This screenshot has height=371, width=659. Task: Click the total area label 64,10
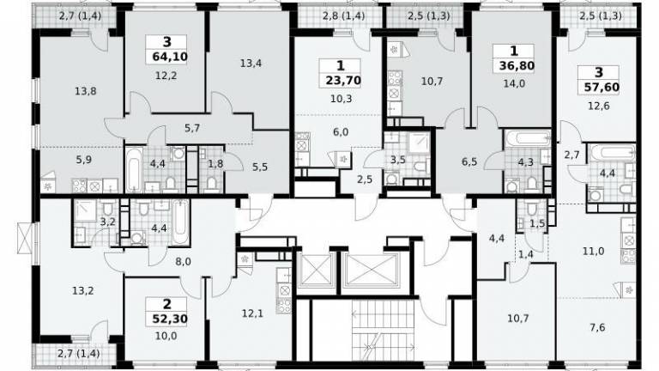point(170,57)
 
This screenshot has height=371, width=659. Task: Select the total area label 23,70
point(343,80)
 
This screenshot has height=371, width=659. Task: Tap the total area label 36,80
point(517,65)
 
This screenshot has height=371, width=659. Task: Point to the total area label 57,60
point(602,87)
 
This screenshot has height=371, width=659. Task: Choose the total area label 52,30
point(169,319)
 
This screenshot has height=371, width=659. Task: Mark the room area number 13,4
point(251,64)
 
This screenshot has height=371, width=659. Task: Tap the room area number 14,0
point(514,83)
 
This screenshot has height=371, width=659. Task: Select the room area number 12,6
point(598,106)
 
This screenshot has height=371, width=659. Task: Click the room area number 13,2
point(82,290)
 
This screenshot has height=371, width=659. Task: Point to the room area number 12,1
point(252,313)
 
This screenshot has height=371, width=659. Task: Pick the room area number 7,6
point(597,327)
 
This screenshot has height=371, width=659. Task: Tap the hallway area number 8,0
point(184,262)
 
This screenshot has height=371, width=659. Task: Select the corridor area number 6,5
point(469,161)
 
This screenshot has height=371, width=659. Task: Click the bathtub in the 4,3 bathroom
point(528,138)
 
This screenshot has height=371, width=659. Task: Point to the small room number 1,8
point(215,164)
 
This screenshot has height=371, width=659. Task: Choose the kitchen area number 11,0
point(594,251)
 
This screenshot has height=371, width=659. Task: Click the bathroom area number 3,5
point(397,160)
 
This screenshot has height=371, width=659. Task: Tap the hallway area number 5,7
point(192,128)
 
